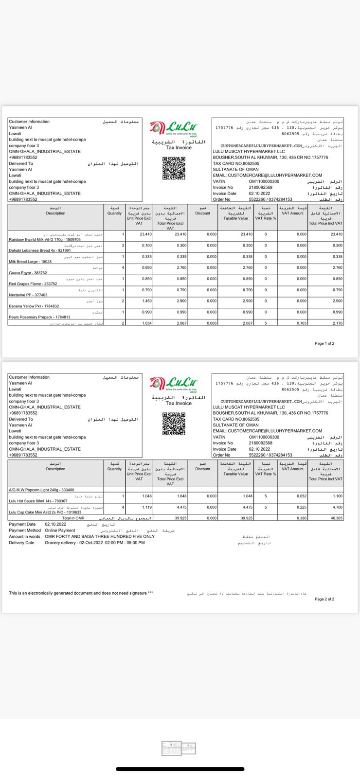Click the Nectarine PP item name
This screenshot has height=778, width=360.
(x=28, y=295)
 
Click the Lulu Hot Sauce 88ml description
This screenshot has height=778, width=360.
(x=38, y=501)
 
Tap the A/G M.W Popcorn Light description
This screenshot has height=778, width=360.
(x=41, y=490)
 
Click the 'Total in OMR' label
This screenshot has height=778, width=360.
(x=73, y=518)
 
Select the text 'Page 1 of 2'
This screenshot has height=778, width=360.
(x=324, y=344)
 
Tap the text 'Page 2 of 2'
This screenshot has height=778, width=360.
(x=324, y=599)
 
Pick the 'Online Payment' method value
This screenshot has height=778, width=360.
(x=60, y=530)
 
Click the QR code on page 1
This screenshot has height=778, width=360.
(x=174, y=168)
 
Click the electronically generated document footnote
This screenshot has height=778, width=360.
(x=81, y=593)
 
